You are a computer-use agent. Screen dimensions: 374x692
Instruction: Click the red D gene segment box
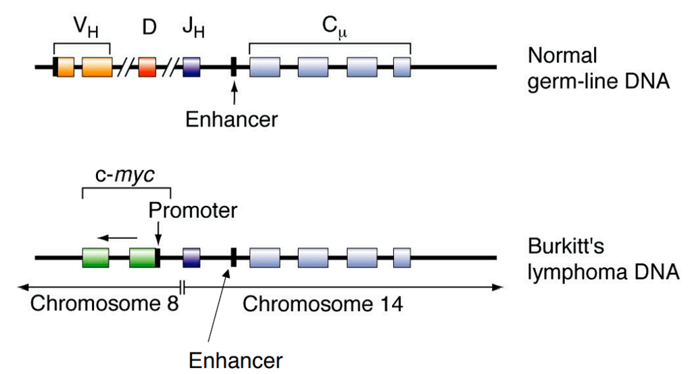(147, 68)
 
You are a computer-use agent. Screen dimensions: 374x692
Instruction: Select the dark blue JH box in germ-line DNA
(192, 68)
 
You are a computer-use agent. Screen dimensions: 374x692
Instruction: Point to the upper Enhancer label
(232, 119)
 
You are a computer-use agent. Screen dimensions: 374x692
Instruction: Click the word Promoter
(193, 211)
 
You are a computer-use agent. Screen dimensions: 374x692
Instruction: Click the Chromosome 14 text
(322, 304)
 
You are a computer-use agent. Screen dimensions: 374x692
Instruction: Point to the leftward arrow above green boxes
(116, 237)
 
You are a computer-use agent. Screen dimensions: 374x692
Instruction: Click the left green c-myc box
(95, 257)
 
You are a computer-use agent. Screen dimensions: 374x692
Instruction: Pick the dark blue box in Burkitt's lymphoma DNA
(192, 257)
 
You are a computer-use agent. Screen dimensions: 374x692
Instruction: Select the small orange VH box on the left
(65, 68)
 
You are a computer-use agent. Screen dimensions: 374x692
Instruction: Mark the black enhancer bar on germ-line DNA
(233, 67)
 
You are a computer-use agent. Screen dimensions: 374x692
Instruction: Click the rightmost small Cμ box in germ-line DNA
(402, 68)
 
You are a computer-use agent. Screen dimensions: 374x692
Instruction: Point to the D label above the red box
(149, 28)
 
